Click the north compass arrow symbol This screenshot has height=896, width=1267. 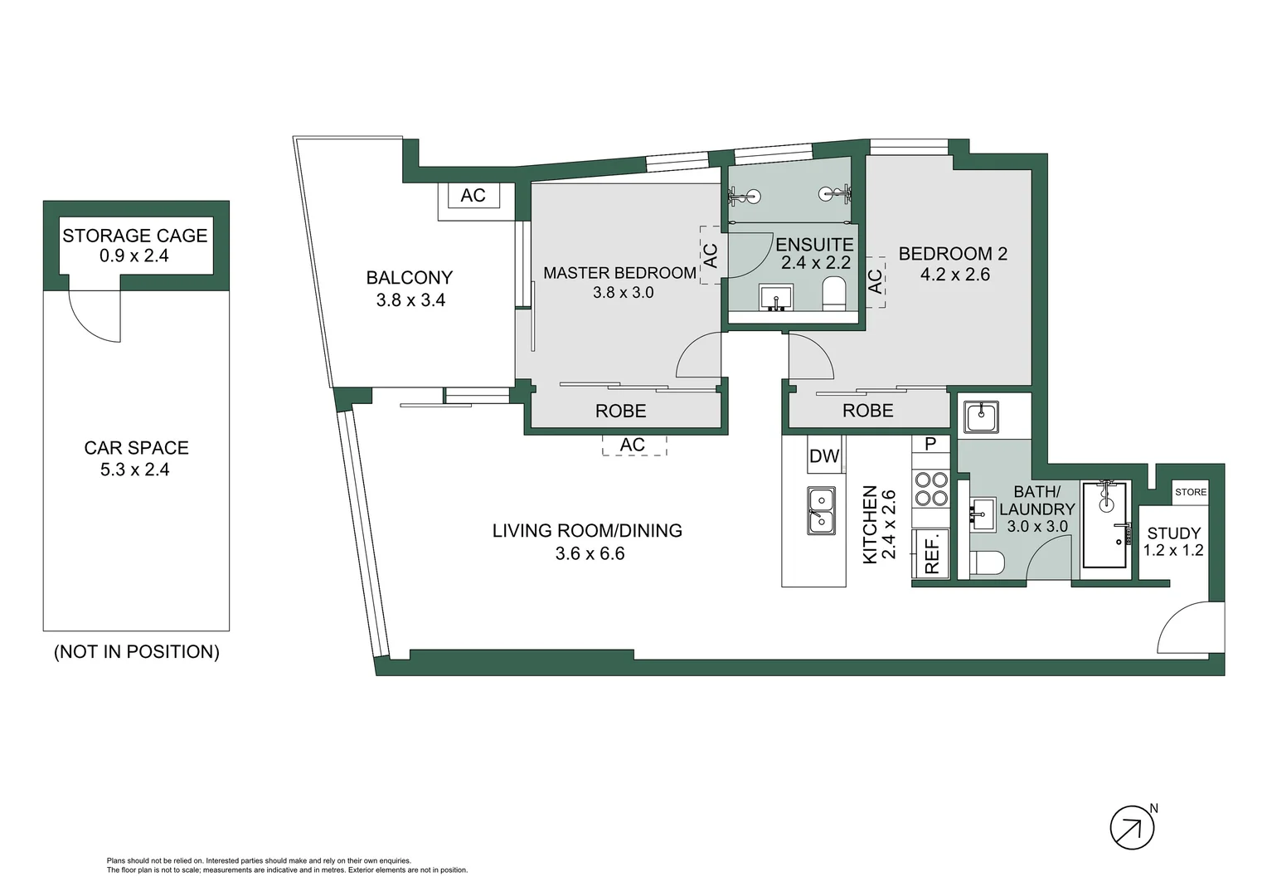(x=1132, y=827)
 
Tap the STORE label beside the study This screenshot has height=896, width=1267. (x=1190, y=492)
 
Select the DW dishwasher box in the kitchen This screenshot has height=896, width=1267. (x=824, y=455)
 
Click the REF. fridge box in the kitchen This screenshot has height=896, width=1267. (x=931, y=553)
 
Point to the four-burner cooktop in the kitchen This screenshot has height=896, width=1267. (x=930, y=488)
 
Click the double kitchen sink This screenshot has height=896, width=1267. (x=821, y=509)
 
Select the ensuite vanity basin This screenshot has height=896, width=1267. (x=776, y=296)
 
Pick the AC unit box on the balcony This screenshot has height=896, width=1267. (x=473, y=196)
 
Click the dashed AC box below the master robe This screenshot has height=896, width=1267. (x=633, y=446)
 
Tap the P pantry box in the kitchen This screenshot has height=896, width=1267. (x=930, y=444)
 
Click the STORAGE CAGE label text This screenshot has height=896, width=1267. (x=135, y=236)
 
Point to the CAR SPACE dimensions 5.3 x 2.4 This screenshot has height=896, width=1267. (x=135, y=470)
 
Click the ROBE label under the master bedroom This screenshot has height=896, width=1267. (x=620, y=411)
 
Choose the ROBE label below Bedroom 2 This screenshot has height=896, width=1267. (x=867, y=411)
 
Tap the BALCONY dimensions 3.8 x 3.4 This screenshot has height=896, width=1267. (x=410, y=300)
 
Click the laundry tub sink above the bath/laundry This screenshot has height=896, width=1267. (x=981, y=416)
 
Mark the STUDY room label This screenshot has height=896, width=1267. (x=1172, y=533)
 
